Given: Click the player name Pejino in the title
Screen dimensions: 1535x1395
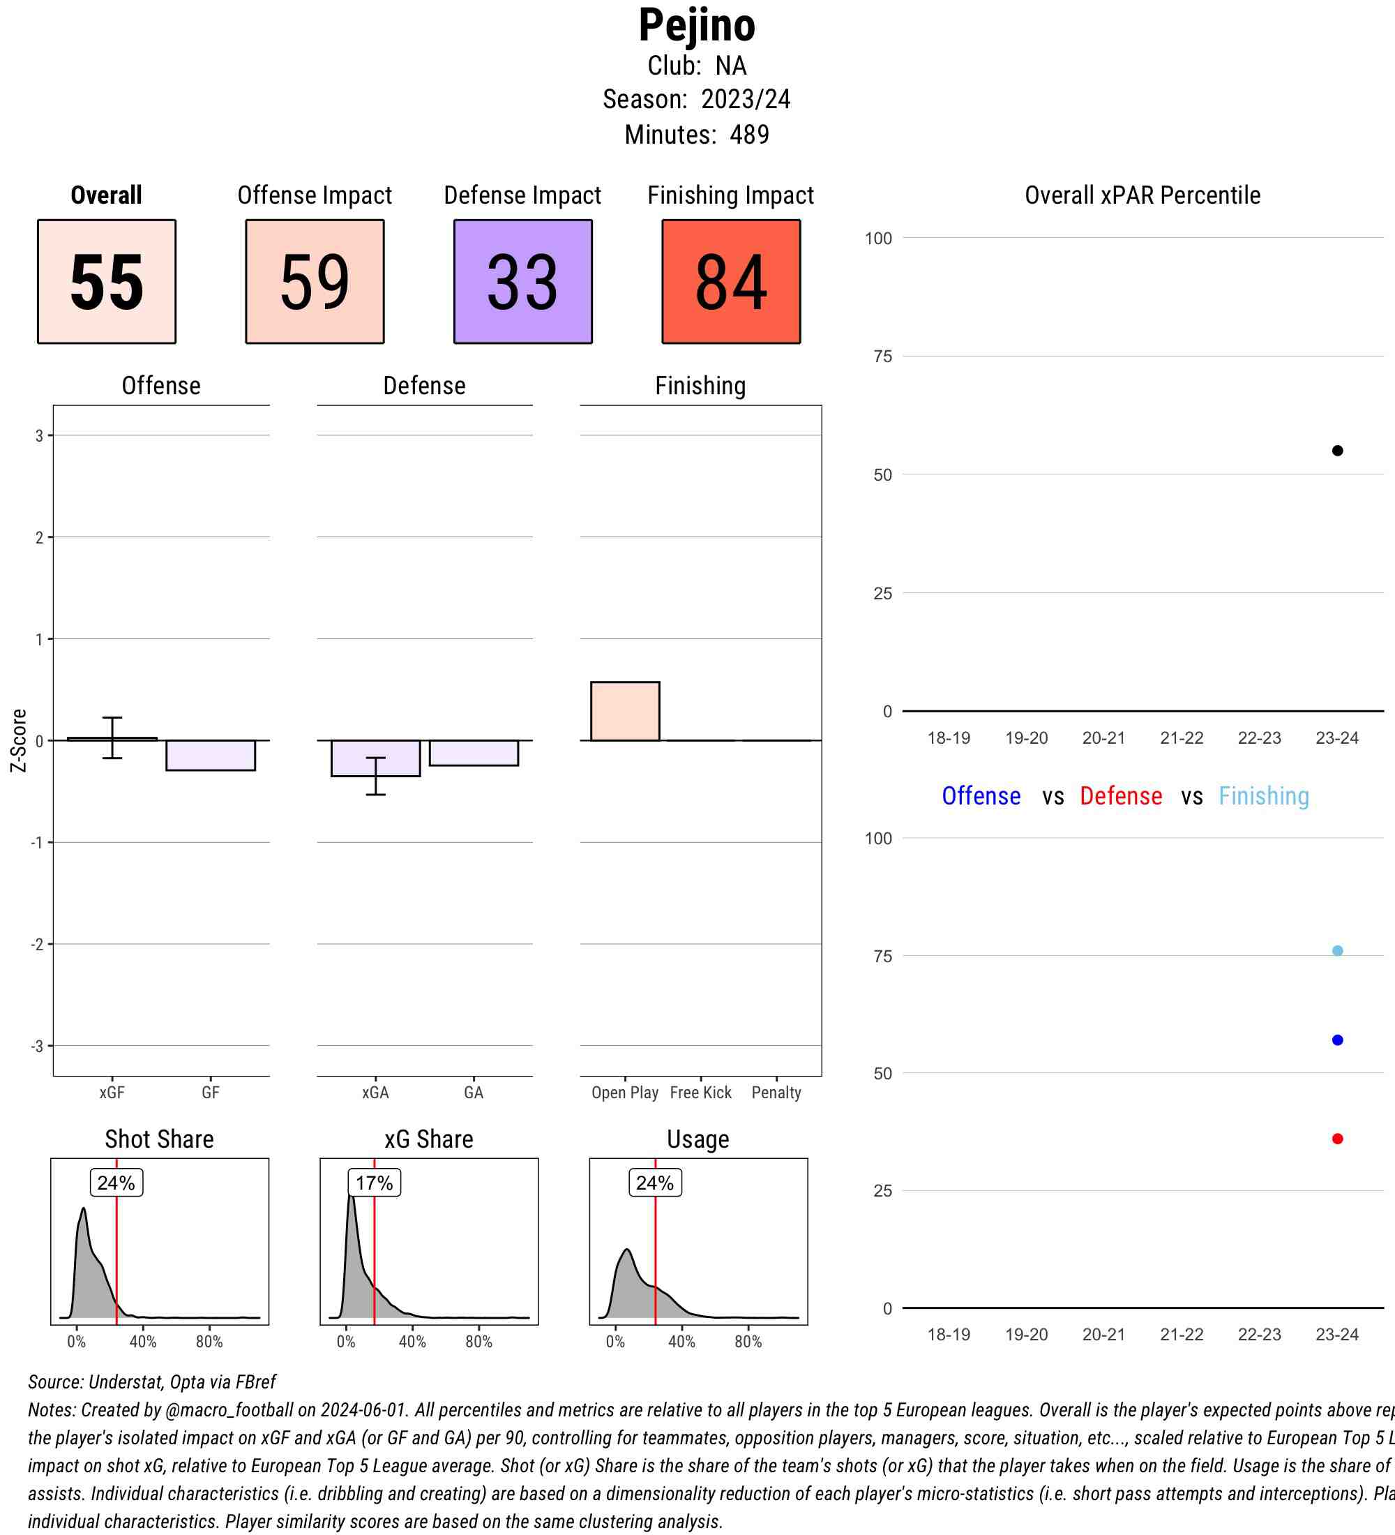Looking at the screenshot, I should [696, 25].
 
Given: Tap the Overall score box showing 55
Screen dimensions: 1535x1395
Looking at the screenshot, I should [107, 282].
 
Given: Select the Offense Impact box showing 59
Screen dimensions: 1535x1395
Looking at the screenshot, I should [315, 282].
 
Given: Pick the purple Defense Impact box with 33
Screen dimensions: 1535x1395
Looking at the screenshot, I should [523, 282].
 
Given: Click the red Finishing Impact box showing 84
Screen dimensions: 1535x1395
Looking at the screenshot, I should [730, 282].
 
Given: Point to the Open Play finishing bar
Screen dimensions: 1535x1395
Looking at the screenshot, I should [625, 711].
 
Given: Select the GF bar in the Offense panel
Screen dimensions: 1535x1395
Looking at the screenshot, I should [210, 756].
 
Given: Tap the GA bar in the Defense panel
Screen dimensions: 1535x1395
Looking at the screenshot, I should [474, 753].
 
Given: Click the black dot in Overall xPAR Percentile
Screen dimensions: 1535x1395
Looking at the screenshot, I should [1337, 451].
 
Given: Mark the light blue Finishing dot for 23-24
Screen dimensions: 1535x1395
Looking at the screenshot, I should [1337, 950].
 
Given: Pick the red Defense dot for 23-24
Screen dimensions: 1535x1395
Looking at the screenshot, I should [1337, 1139].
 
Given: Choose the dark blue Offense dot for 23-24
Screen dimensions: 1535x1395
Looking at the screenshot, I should [1337, 1040].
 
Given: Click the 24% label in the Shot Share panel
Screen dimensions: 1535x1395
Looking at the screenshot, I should [116, 1183].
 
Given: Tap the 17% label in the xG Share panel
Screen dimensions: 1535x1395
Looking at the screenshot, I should [375, 1183].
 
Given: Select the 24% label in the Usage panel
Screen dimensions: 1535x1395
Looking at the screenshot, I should [654, 1183].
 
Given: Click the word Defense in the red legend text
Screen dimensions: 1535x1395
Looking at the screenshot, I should [1120, 795].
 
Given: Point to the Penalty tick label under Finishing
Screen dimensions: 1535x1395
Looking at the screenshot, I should [776, 1093].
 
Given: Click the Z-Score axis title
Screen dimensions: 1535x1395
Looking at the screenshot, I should [19, 740].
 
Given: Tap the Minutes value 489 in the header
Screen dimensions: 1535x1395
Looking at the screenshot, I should [749, 135].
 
